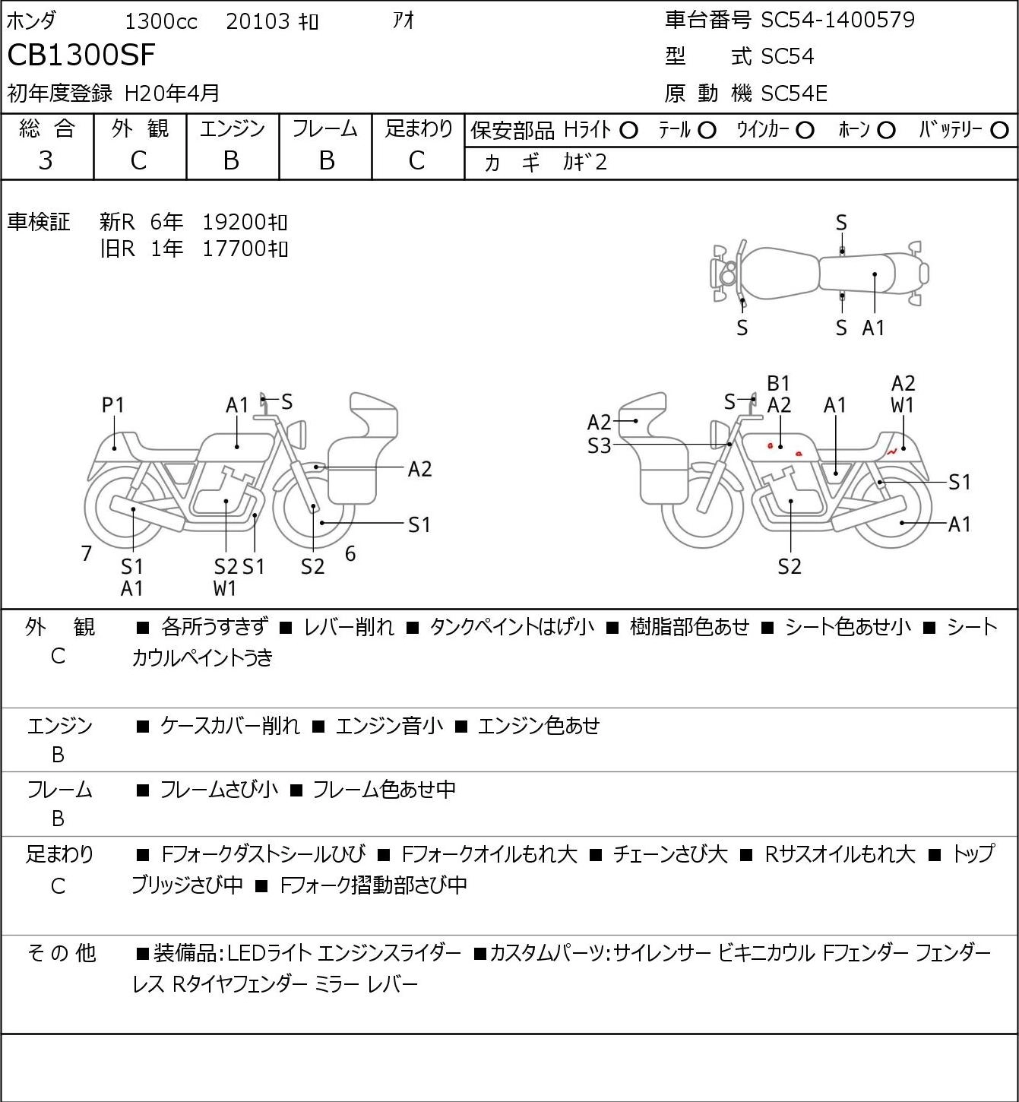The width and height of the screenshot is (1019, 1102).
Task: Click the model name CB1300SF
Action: point(81,55)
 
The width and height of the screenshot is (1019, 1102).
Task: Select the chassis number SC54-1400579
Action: point(837,20)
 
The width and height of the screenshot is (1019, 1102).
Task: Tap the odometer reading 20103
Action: point(258,21)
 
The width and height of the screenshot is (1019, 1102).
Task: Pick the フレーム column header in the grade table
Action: point(325,128)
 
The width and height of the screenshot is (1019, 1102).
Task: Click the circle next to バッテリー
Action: point(999,130)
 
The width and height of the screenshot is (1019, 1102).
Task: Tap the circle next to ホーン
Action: point(886,130)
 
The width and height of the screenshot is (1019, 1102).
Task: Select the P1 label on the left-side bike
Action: point(112,405)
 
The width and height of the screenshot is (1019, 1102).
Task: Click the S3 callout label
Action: point(599,445)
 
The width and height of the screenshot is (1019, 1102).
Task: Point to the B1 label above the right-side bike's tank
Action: point(778,384)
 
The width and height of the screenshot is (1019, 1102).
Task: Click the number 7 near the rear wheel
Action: point(86,553)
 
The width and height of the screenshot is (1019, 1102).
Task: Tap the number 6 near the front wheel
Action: point(350,553)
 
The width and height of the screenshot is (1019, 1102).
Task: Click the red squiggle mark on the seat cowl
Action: point(891,452)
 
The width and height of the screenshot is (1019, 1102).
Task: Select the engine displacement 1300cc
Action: point(161,21)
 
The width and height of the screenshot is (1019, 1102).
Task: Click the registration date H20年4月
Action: point(172,93)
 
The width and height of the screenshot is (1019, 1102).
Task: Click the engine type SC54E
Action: point(794,93)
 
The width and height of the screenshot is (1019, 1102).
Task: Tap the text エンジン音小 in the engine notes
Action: point(389,725)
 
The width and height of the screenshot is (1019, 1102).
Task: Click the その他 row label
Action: point(62,953)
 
